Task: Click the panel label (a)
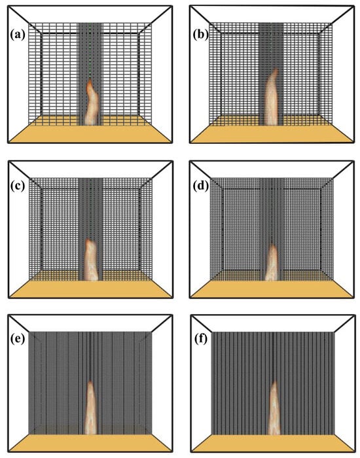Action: click(x=18, y=35)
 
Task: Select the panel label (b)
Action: click(x=201, y=35)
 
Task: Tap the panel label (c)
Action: click(x=18, y=187)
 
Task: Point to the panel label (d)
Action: click(x=201, y=187)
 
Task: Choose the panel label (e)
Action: click(x=18, y=340)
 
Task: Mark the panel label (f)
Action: click(x=201, y=340)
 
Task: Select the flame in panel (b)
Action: click(x=272, y=98)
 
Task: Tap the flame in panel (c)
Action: click(x=91, y=260)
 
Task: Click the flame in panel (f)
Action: click(x=274, y=408)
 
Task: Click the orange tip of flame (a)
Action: click(x=90, y=82)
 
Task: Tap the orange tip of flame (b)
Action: click(x=275, y=71)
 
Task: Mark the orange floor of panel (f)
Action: click(x=272, y=443)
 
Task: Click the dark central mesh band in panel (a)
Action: click(x=90, y=73)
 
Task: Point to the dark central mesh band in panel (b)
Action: click(x=271, y=73)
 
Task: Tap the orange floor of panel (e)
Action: click(x=90, y=443)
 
